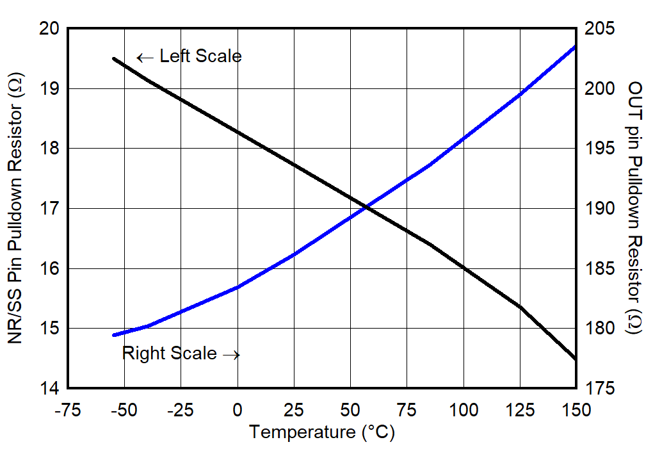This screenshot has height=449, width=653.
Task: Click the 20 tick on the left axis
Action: (50, 29)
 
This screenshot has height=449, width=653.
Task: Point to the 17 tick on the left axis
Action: (50, 209)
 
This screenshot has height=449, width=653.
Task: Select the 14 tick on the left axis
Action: (50, 389)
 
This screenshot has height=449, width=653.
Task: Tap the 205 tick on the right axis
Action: (599, 29)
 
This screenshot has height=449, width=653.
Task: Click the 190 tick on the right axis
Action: (599, 209)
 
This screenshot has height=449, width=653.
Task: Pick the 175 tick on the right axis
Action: (599, 389)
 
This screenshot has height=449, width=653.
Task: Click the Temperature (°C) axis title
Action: (322, 432)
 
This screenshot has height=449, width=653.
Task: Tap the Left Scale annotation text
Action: (200, 56)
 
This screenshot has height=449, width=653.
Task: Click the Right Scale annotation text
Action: (170, 354)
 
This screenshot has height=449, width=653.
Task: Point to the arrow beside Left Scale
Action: (145, 58)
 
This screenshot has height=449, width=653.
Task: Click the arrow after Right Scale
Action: (231, 355)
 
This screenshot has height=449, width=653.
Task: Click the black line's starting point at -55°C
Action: (113, 58)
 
